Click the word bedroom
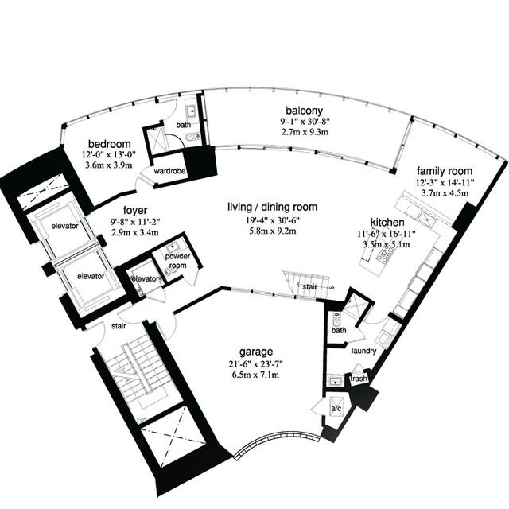110,144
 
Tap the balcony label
304,111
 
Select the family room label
445,171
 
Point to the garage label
256,352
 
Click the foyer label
135,210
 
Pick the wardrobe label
169,171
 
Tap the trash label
359,379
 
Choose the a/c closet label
336,408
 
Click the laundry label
364,351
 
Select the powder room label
177,261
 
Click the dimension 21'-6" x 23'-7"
256,364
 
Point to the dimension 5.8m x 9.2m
272,231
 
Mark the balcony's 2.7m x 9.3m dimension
304,132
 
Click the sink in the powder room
172,248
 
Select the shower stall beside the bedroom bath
155,141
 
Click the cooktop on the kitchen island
383,255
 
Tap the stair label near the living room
309,287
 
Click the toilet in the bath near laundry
336,321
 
